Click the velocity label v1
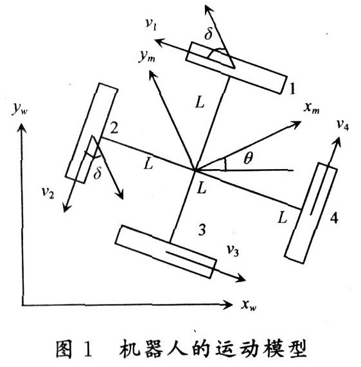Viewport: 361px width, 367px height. tap(151, 24)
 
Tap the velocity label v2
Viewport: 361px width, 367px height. tap(48, 193)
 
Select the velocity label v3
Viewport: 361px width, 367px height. tap(233, 251)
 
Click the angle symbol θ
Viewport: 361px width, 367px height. tap(248, 159)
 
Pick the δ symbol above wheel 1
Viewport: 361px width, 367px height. tap(209, 33)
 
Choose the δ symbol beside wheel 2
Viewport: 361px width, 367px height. tap(98, 173)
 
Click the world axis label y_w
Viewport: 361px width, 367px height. tap(20, 109)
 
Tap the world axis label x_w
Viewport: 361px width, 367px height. tap(249, 305)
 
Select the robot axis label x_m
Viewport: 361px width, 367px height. tap(312, 109)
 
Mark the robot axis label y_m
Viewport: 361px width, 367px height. tap(146, 57)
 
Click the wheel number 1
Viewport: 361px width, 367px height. tap(292, 89)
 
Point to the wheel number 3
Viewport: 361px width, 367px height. tap(202, 229)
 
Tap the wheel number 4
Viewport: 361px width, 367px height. tap(334, 218)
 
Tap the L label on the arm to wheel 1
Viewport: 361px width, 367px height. tap(200, 102)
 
